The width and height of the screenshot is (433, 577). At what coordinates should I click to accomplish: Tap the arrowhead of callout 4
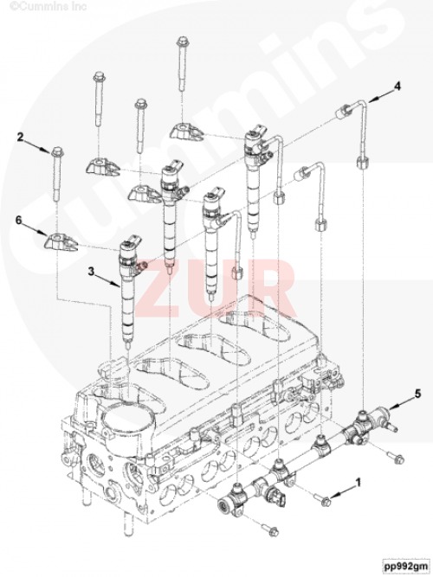373,97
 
